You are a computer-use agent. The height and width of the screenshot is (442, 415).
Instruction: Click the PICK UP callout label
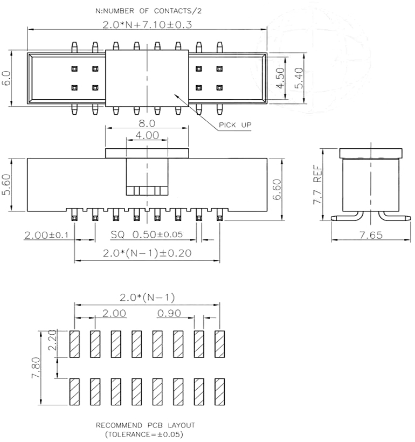[x=235, y=126]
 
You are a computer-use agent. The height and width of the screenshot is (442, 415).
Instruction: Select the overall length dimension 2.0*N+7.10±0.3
[x=147, y=24]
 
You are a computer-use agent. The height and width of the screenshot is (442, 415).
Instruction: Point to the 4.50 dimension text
[x=280, y=79]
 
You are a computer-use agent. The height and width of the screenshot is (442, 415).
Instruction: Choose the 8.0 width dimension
[x=147, y=122]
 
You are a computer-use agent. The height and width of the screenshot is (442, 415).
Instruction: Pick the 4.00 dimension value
[x=147, y=135]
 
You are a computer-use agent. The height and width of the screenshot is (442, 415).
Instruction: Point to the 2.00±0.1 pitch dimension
[x=46, y=236]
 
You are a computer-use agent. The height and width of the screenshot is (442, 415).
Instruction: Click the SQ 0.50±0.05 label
[x=147, y=236]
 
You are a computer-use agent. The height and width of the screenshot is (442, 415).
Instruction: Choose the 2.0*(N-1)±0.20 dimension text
[x=147, y=253]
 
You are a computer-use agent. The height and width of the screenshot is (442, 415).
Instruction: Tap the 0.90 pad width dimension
[x=168, y=313]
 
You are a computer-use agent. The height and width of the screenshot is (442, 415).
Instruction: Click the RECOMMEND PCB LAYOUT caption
[x=146, y=425]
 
